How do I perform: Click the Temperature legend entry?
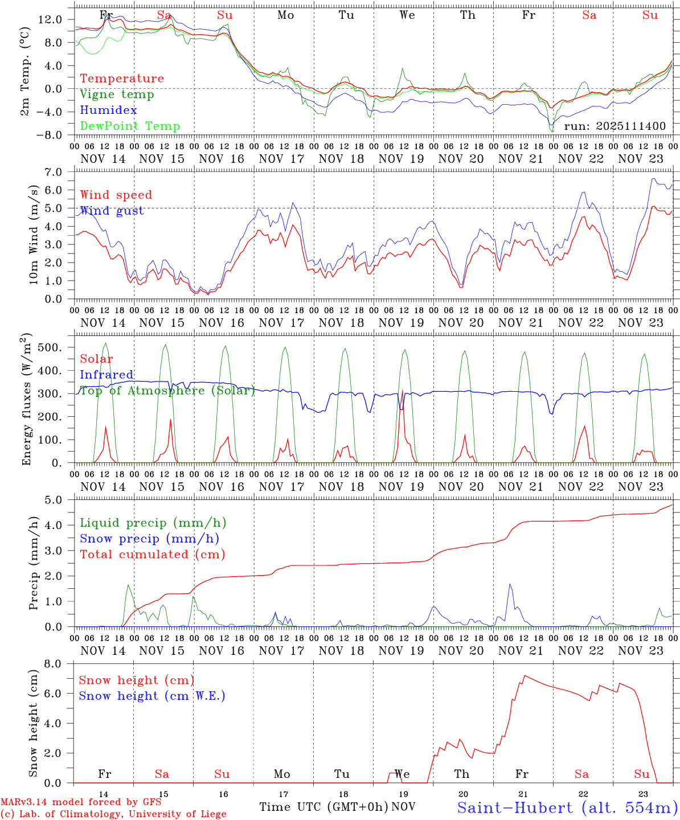(x=121, y=79)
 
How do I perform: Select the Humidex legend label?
(x=108, y=110)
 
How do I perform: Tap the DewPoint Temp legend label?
(x=130, y=126)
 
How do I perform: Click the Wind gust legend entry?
(x=112, y=211)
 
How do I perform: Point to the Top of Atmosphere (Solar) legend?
(x=167, y=391)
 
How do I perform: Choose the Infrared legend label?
(x=106, y=375)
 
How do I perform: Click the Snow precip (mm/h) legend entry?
(x=149, y=539)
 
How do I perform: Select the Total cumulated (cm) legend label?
(x=152, y=555)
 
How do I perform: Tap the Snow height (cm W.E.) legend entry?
(x=151, y=696)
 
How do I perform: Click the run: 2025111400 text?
(x=615, y=126)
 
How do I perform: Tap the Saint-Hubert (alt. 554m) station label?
(x=567, y=807)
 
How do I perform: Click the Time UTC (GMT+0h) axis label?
(x=324, y=807)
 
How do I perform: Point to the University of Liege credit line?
(x=113, y=814)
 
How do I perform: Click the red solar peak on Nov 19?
(x=403, y=391)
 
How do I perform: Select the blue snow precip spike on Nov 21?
(x=510, y=585)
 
